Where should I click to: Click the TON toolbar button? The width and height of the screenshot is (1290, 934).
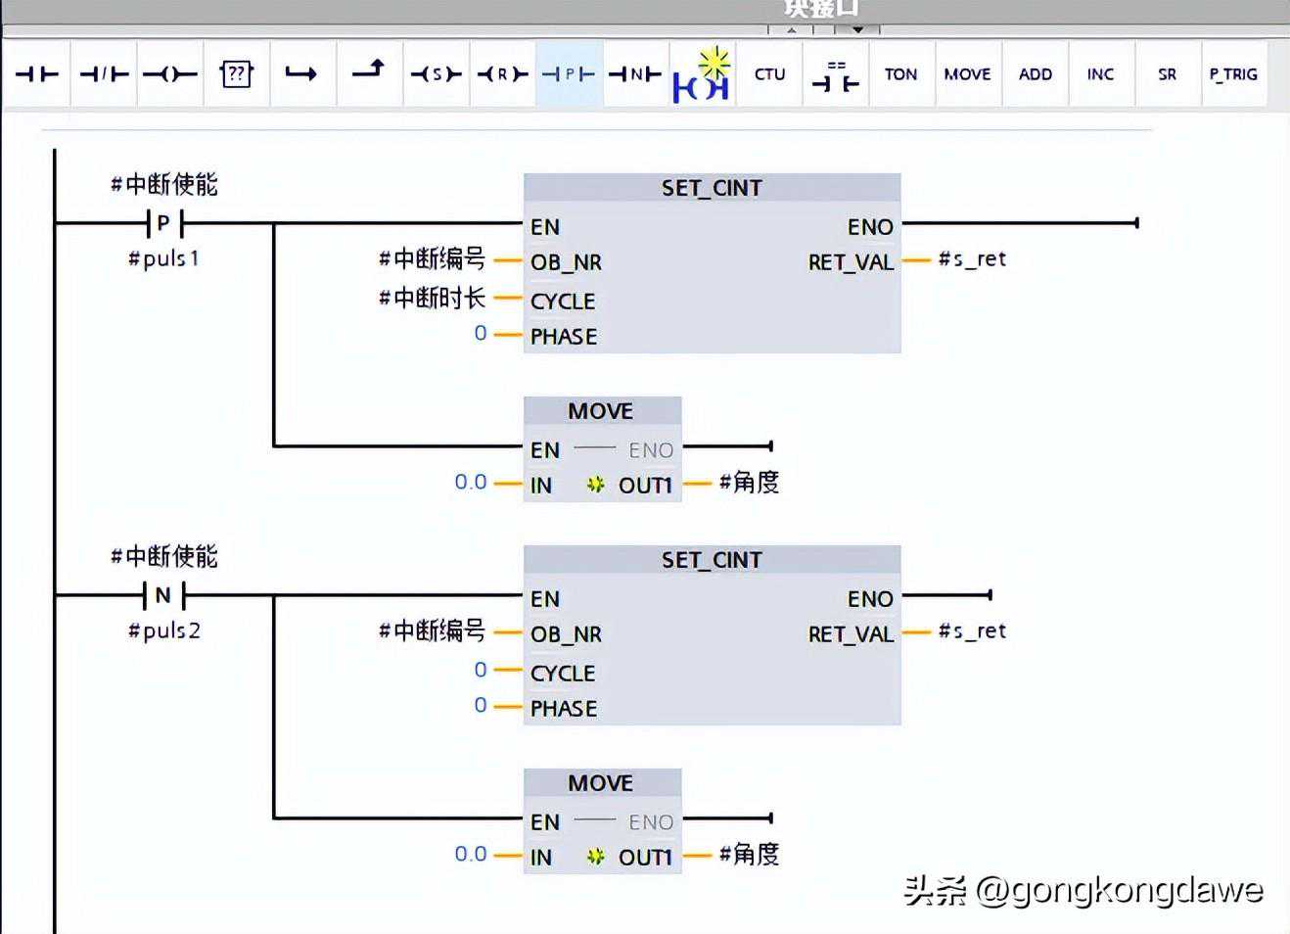click(900, 74)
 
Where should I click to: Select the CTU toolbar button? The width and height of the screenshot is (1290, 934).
click(769, 74)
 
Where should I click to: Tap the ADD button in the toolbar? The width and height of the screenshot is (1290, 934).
click(1035, 74)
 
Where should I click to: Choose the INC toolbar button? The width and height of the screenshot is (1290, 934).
click(1100, 74)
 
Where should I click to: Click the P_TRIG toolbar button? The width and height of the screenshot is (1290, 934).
click(1232, 74)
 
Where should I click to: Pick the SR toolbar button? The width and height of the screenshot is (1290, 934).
click(1167, 74)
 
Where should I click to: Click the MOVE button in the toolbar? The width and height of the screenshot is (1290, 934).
click(967, 74)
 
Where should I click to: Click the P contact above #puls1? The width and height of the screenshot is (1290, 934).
click(163, 224)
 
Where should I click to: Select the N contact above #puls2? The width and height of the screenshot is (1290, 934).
click(163, 595)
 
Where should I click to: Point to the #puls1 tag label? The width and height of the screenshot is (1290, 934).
click(163, 258)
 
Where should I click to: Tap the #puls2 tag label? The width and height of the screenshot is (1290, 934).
click(164, 630)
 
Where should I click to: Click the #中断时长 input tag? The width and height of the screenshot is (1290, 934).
click(432, 298)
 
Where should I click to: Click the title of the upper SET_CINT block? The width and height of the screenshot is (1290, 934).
click(712, 188)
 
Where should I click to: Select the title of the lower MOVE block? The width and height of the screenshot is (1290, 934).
click(601, 783)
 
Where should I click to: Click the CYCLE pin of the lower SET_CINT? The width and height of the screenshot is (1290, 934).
click(563, 674)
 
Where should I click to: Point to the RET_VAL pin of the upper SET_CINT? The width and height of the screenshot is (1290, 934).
click(851, 262)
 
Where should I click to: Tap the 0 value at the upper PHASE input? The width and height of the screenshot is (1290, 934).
click(481, 334)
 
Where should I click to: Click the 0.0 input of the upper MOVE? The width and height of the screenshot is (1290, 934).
click(471, 482)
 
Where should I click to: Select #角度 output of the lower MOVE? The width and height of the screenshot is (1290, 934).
click(749, 854)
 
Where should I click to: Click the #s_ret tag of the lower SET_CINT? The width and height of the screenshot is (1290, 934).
click(972, 631)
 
